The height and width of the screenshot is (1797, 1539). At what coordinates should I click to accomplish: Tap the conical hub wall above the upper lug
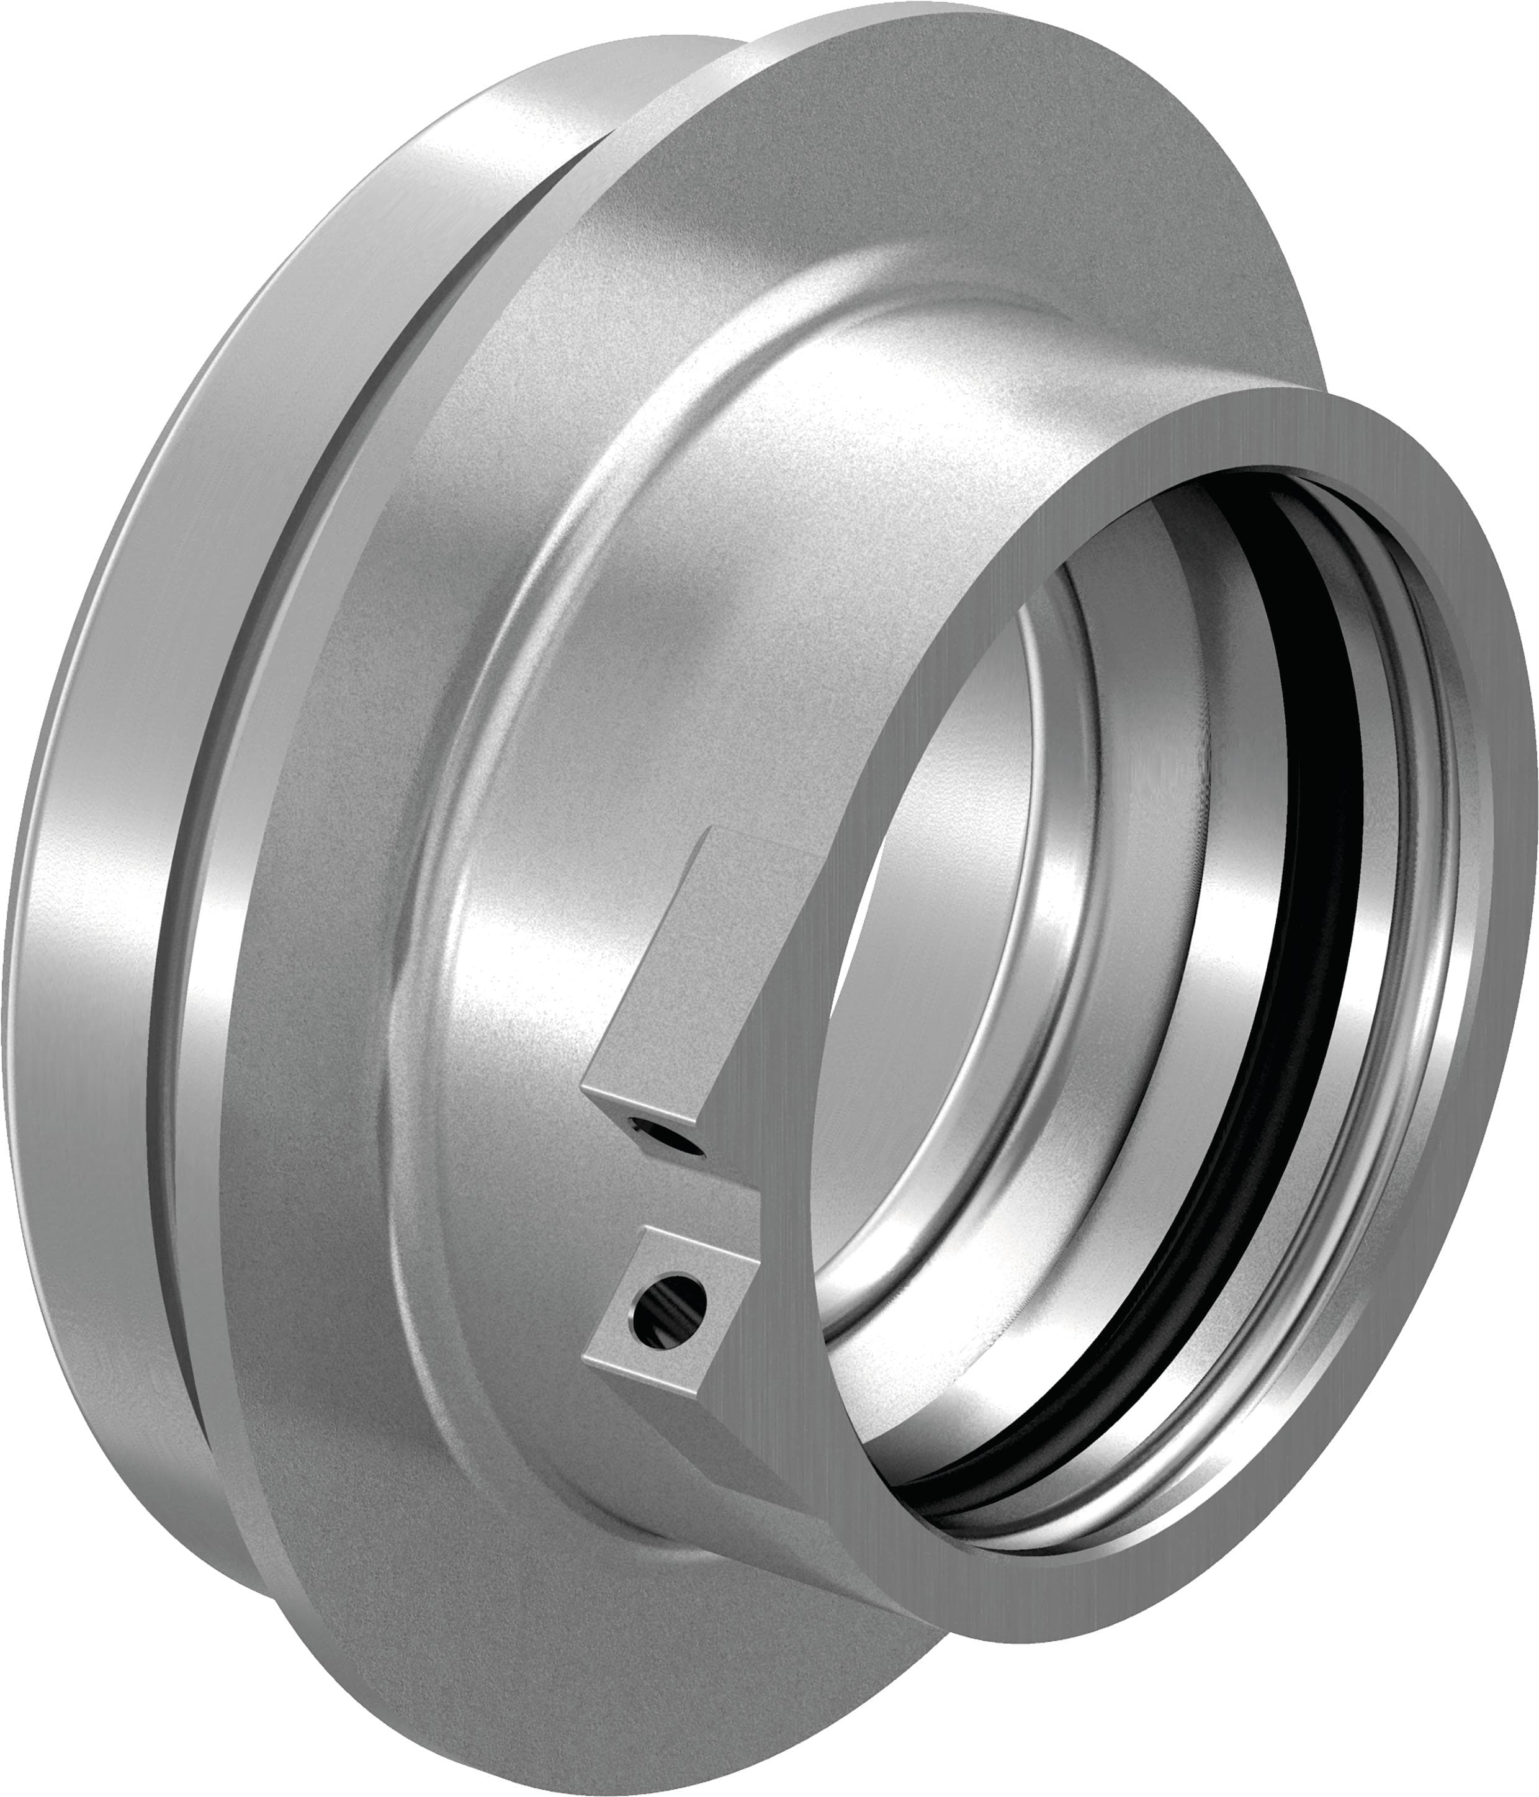point(694,651)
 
